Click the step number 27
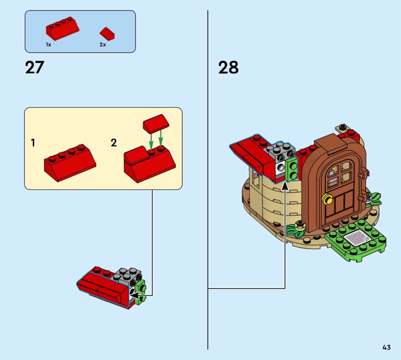tap(35, 68)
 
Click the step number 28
tap(229, 68)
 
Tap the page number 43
tap(386, 347)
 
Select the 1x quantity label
tap(49, 45)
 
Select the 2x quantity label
tap(103, 45)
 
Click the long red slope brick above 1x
tap(62, 28)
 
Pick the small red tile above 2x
tap(107, 34)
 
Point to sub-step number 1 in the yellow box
tap(33, 142)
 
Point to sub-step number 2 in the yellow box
tap(114, 142)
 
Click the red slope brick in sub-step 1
tap(70, 163)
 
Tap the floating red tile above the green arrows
tap(156, 124)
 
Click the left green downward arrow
tap(151, 141)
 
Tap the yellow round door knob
tap(327, 199)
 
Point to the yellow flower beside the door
tap(300, 226)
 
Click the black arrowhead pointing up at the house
tap(285, 186)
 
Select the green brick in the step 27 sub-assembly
tap(141, 292)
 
